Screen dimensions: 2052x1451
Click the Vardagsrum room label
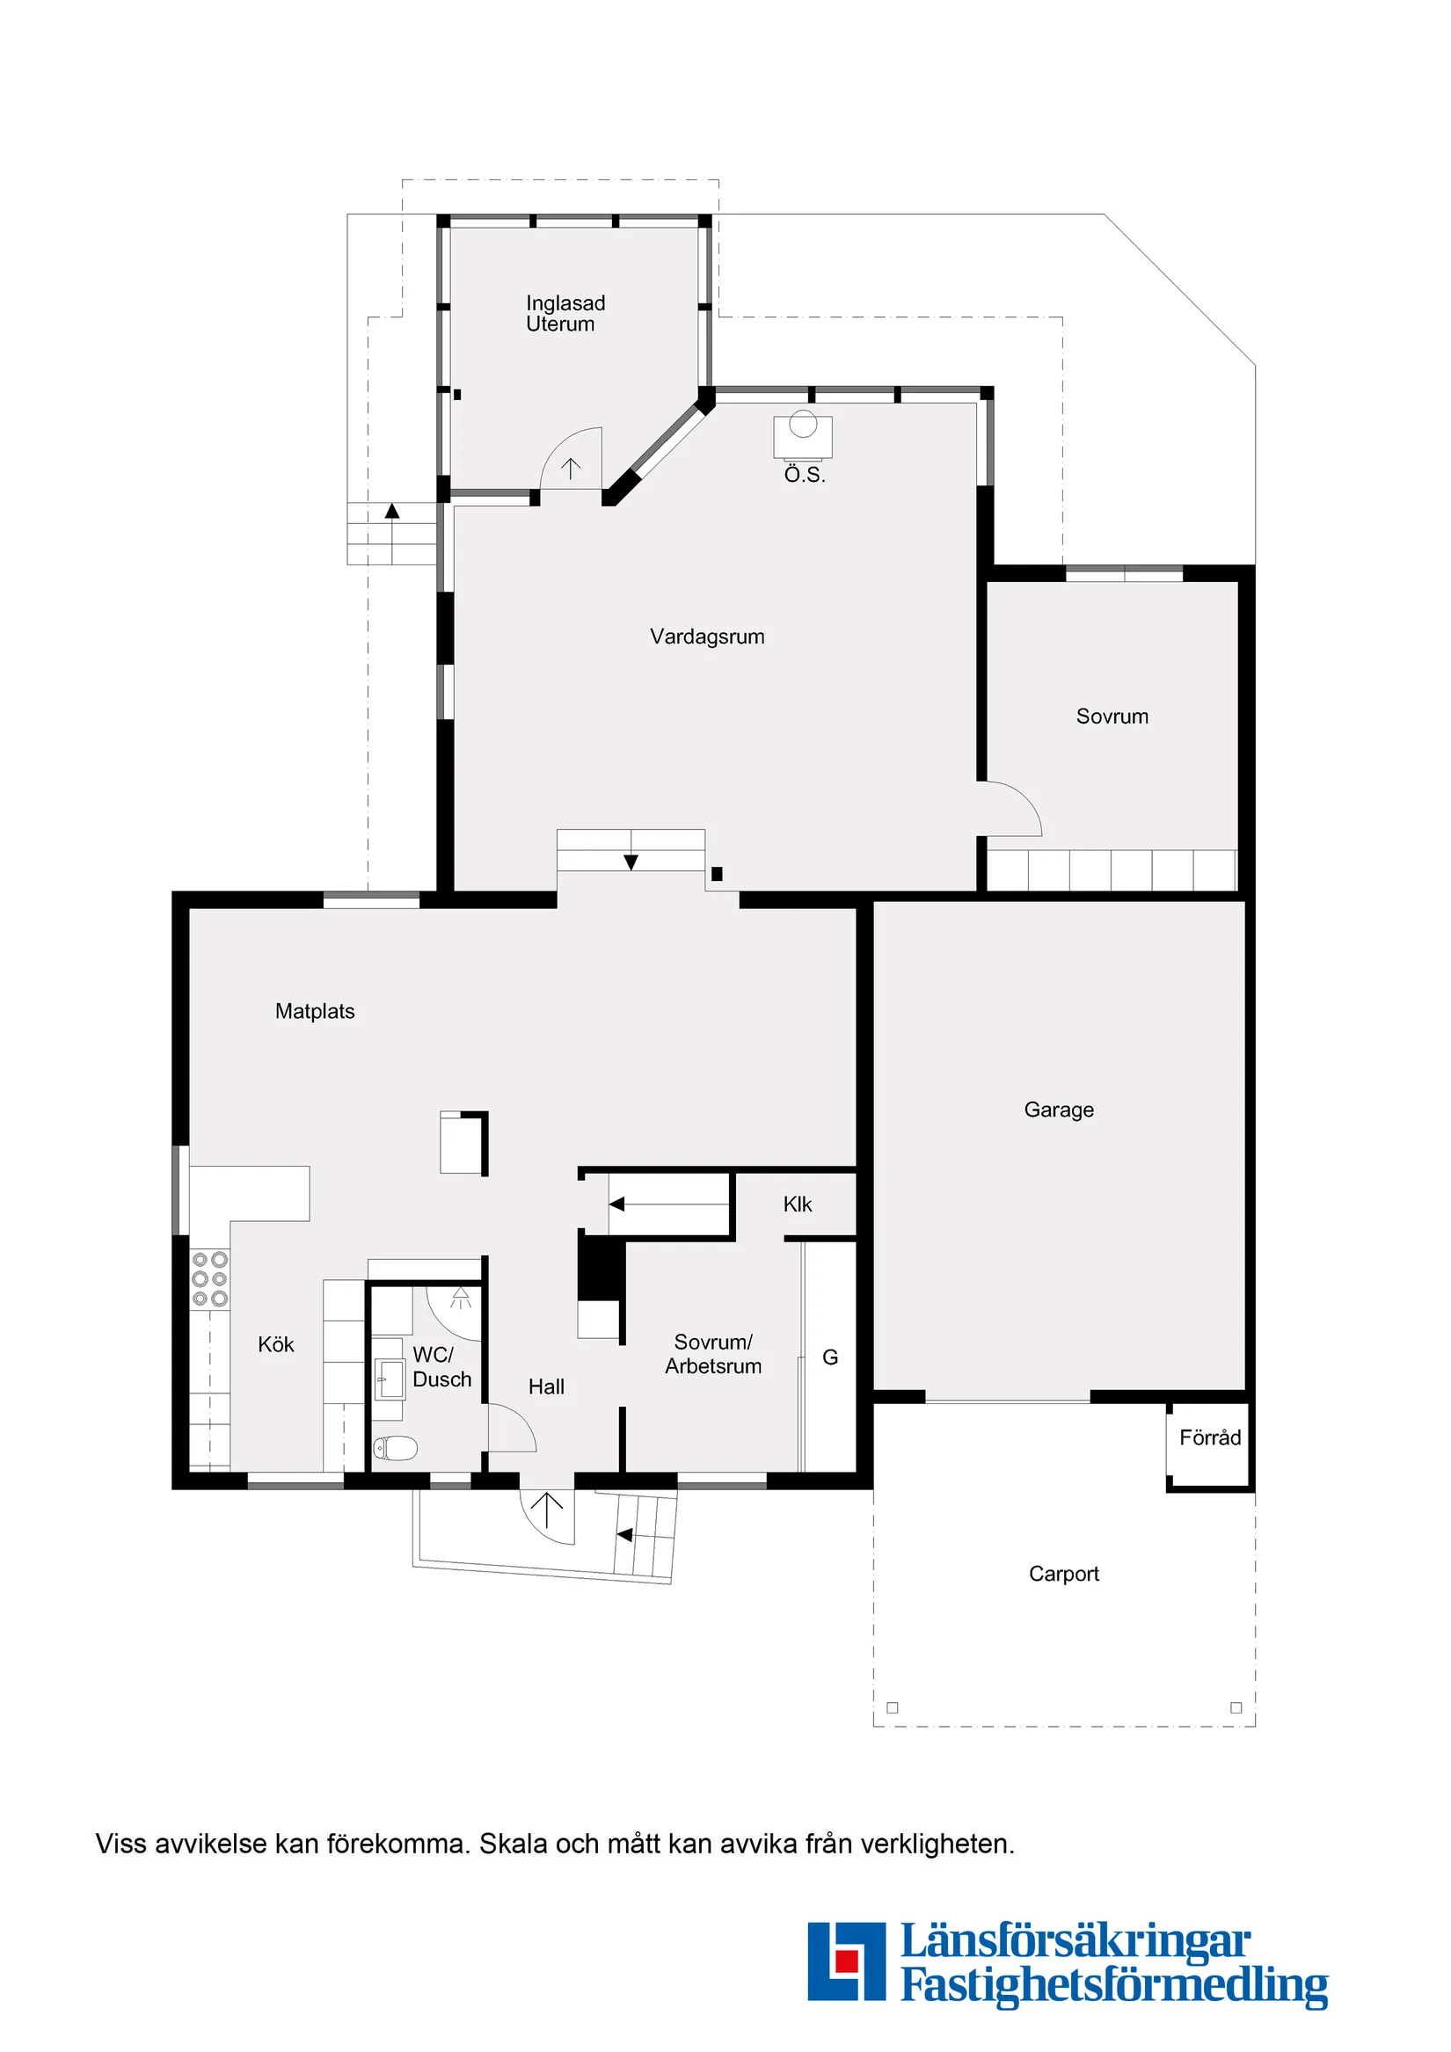coord(706,637)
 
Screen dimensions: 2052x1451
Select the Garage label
coord(1059,1110)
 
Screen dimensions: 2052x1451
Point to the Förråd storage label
coord(1210,1437)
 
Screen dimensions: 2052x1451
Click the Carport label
coord(1063,1573)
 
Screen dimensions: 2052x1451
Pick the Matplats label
coord(315,1011)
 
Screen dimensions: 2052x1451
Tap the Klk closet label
coord(797,1204)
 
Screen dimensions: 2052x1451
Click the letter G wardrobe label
coord(829,1357)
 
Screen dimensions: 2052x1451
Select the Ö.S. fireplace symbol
coord(802,434)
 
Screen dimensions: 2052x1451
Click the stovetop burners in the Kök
coord(210,1279)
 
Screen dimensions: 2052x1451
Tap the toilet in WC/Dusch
coord(396,1447)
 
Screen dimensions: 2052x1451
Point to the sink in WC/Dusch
coord(390,1379)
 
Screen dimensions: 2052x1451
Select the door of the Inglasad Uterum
coord(572,461)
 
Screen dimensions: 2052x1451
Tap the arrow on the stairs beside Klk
coord(616,1204)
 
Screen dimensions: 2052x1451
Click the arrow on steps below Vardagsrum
coord(631,862)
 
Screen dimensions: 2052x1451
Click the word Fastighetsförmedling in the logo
coord(1113,1984)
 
